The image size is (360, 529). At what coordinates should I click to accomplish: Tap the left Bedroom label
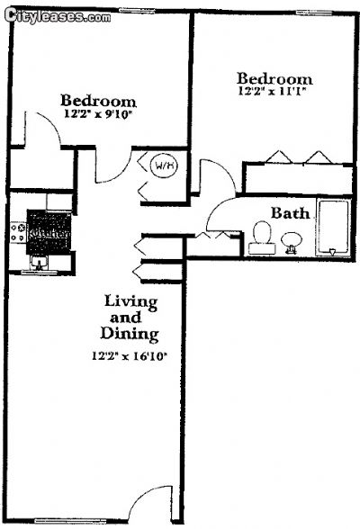98,101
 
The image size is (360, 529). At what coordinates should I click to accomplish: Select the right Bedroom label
274,78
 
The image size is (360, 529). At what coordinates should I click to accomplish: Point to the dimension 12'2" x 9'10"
98,115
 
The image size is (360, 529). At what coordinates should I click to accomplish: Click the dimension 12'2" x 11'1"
274,92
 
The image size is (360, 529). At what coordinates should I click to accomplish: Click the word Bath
291,213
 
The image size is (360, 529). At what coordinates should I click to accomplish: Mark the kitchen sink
39,262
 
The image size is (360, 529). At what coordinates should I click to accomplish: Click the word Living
130,300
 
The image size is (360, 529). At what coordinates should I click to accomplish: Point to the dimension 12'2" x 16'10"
131,355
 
